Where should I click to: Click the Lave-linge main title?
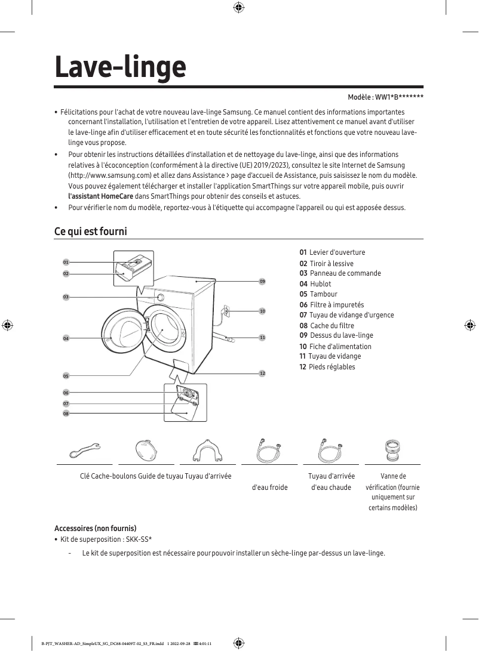point(120,67)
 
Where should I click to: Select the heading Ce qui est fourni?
point(91,231)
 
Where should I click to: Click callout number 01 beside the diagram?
point(66,262)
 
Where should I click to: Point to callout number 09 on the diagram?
point(262,281)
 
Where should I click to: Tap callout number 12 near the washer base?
point(262,373)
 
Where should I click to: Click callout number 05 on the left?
point(66,376)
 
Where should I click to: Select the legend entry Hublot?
point(320,284)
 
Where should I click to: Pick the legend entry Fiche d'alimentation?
point(340,347)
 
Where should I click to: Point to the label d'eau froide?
point(270,488)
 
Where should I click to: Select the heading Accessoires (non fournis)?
point(96,529)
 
